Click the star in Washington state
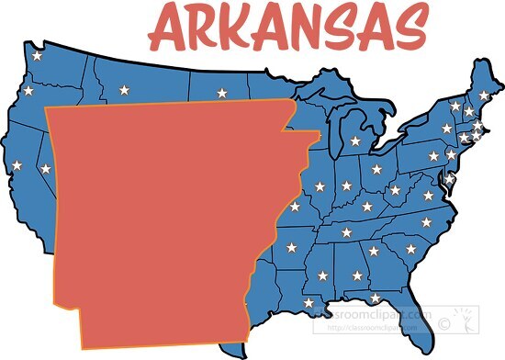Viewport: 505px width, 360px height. (x=38, y=56)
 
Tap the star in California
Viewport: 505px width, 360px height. (x=17, y=165)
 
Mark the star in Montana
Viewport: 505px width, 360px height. (x=124, y=90)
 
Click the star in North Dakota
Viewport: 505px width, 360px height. (x=221, y=93)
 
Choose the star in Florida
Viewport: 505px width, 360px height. (x=375, y=298)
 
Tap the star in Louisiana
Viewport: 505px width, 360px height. (x=309, y=302)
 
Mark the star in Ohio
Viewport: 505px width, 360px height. (x=376, y=170)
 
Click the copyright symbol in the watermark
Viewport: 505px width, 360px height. (x=445, y=322)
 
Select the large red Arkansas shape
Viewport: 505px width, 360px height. (x=165, y=220)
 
